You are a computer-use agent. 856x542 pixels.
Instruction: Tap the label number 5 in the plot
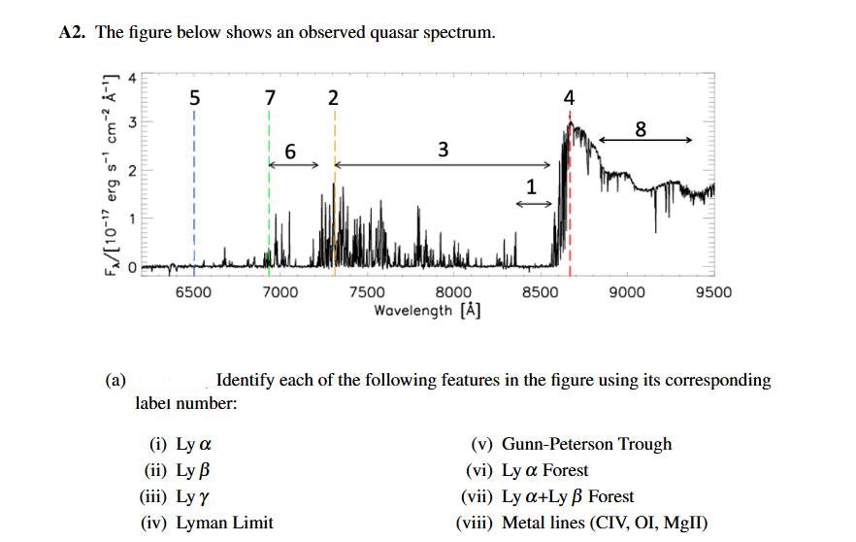point(194,97)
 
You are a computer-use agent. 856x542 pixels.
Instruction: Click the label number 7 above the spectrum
point(270,97)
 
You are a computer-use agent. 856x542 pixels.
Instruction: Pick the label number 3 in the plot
point(444,149)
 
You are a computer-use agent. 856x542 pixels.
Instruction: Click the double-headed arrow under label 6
point(293,165)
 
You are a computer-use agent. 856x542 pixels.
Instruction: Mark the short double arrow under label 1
point(533,202)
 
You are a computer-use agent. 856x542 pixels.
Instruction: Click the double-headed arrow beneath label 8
point(645,141)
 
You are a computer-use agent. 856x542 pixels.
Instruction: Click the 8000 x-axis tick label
point(453,292)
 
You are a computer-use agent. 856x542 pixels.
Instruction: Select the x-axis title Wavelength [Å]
point(428,310)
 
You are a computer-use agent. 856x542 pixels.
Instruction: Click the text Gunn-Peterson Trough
point(586,444)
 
